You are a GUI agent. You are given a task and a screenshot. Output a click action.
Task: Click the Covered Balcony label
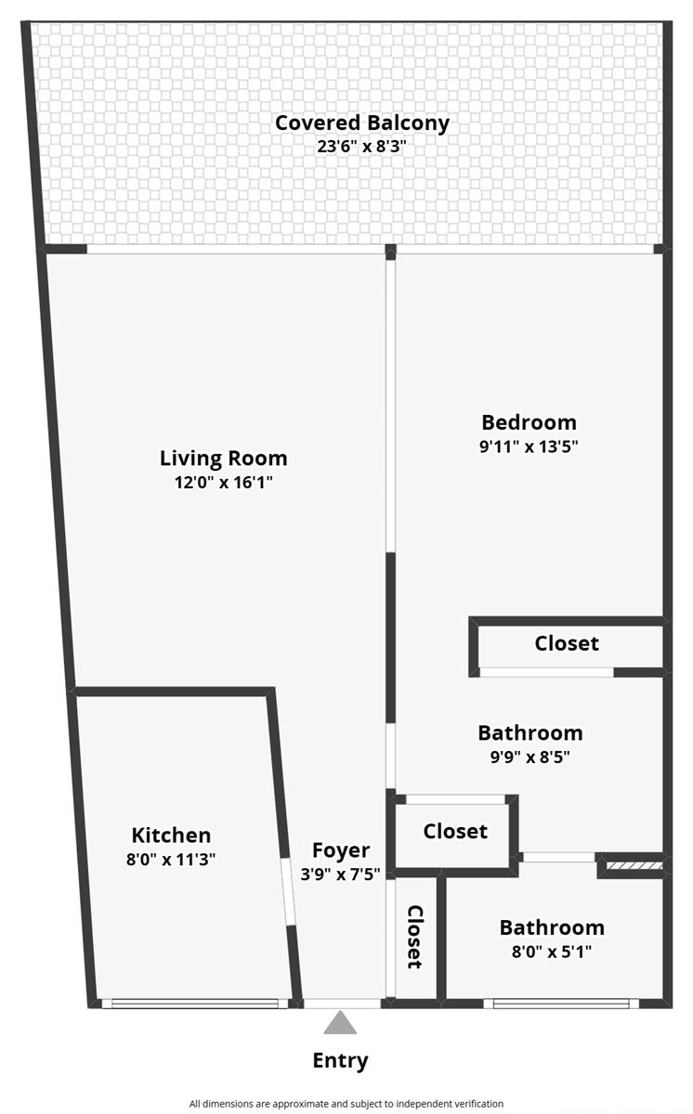point(362,123)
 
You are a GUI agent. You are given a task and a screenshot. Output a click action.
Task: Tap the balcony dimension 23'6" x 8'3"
point(361,147)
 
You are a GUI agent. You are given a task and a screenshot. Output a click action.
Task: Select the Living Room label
point(223,459)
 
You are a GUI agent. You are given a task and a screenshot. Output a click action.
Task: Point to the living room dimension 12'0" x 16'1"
point(223,483)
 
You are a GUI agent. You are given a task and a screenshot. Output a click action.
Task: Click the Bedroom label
point(529,422)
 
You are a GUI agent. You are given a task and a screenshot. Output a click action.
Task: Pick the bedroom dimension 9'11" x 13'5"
point(529,447)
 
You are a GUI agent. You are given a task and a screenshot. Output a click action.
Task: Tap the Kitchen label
point(171,835)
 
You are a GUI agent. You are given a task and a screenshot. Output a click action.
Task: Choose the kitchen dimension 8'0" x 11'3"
point(171,860)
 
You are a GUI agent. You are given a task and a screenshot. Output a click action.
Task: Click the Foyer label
point(341,851)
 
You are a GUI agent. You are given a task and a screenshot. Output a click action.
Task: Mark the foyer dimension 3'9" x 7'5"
point(340,874)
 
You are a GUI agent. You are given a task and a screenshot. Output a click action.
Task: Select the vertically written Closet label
point(415,938)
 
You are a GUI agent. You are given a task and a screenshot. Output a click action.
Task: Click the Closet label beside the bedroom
point(567,643)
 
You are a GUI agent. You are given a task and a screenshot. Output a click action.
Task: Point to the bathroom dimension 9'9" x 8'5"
point(530,757)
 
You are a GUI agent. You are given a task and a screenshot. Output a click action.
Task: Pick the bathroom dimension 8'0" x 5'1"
point(552,952)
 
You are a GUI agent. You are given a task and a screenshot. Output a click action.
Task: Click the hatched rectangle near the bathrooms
point(634,866)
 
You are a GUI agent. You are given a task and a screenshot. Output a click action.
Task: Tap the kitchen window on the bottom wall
point(195,1004)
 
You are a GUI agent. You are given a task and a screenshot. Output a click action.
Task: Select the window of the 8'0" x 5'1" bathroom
point(561,1004)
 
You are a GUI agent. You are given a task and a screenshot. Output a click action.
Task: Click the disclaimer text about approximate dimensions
point(346,1104)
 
